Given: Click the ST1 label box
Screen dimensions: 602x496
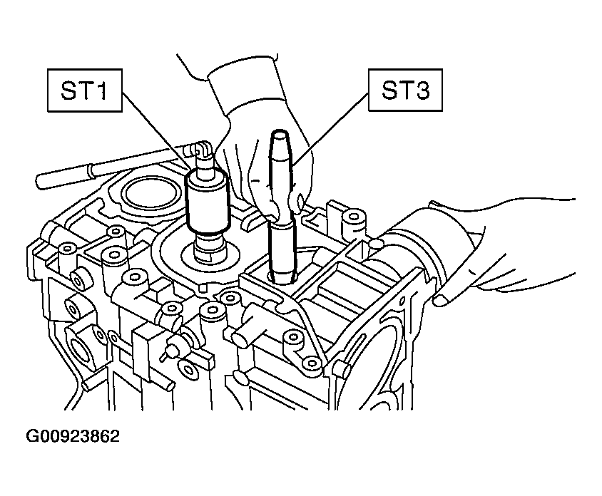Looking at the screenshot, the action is coord(85,91).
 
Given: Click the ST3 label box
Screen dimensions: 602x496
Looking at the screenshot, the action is coord(405,90).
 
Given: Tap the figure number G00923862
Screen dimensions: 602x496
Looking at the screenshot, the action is coord(73,436).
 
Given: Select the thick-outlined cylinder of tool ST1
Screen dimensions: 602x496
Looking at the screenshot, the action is coord(208,202).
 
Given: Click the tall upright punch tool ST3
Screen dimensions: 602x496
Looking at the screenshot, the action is coord(282,207).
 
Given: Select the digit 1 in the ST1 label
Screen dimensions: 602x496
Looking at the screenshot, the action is coord(101,91).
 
